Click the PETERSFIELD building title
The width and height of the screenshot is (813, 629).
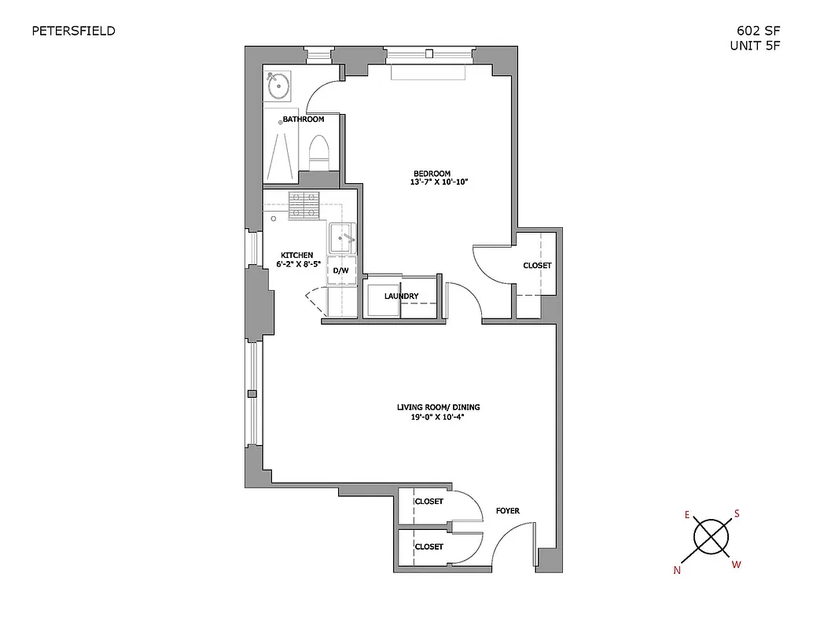tap(73, 31)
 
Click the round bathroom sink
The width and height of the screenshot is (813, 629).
tap(278, 85)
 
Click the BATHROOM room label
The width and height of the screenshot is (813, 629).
tap(303, 120)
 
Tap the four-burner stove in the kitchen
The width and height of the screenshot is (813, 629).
tap(303, 205)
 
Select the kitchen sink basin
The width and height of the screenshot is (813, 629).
tap(341, 235)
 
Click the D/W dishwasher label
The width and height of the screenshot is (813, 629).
tap(341, 270)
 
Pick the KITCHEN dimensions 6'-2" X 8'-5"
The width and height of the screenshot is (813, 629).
tap(297, 265)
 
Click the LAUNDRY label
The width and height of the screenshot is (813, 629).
tap(401, 296)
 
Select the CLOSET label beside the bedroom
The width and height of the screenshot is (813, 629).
tap(537, 266)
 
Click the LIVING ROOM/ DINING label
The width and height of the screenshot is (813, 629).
tap(438, 407)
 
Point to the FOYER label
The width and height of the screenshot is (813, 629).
tap(507, 511)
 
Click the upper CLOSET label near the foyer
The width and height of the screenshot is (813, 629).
tap(429, 502)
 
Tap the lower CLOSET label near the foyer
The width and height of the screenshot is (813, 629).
tap(429, 546)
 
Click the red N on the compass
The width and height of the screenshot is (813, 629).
tap(676, 571)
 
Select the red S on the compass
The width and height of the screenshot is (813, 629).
tap(737, 513)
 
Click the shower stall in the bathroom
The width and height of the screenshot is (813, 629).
tap(281, 153)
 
